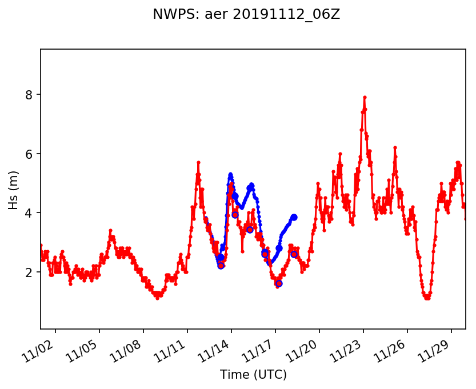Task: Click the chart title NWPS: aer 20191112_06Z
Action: coord(246,14)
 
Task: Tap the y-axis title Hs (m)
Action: coord(13,189)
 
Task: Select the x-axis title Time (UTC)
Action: coord(253,375)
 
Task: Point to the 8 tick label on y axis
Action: coord(30,94)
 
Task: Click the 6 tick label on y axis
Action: coord(30,154)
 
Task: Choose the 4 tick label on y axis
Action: coord(30,213)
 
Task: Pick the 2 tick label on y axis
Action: coord(30,272)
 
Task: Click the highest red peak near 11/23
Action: coord(365,98)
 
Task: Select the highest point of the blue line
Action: coord(230,174)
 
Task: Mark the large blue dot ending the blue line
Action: coord(294,217)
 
